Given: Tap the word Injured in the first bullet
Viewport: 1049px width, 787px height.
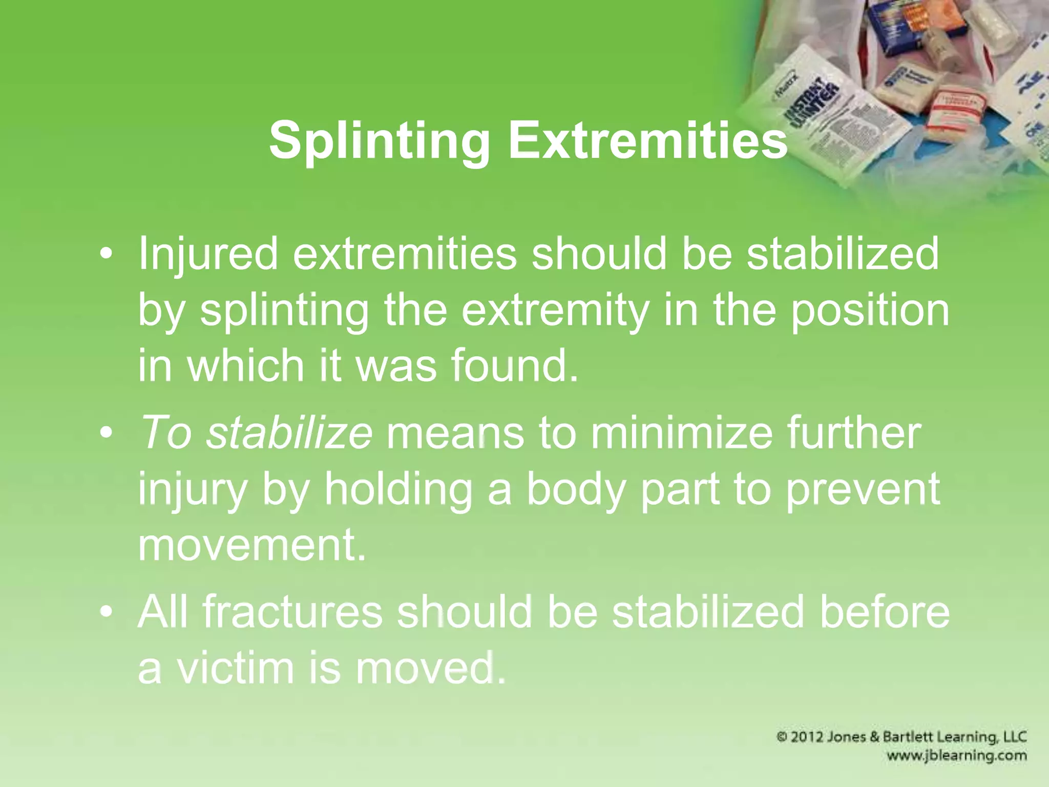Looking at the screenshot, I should click(207, 255).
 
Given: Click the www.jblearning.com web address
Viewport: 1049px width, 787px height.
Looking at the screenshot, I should click(957, 755).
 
